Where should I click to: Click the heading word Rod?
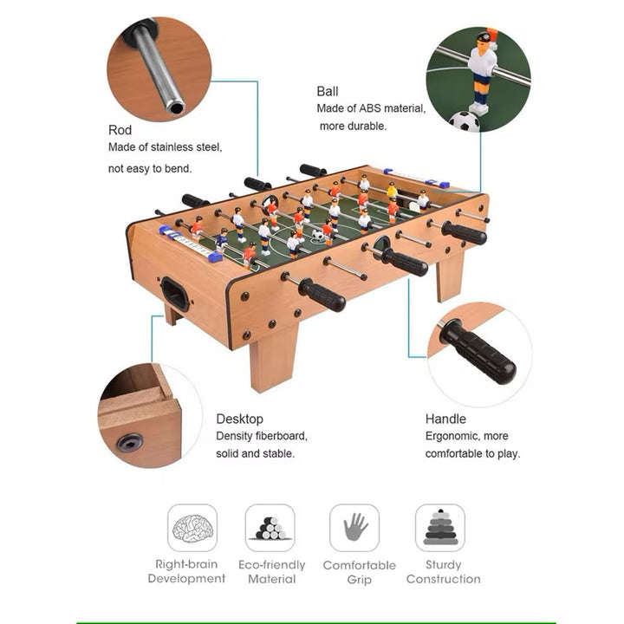coord(120,130)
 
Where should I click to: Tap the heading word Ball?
coord(328,92)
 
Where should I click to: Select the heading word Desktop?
coord(239,419)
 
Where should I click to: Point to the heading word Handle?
coord(445,419)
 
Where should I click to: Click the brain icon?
coord(192,528)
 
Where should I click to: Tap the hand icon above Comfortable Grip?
coord(355,527)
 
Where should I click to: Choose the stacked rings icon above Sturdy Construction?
coord(440,527)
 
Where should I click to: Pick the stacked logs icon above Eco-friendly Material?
coord(270,529)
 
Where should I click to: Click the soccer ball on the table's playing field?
coord(317,235)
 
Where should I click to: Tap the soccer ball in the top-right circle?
coord(465,121)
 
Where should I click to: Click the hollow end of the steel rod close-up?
coord(175,107)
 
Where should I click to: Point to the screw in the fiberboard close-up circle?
coord(130,443)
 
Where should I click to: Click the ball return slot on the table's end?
coord(175,294)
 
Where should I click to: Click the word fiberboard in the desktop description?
coord(282,436)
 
